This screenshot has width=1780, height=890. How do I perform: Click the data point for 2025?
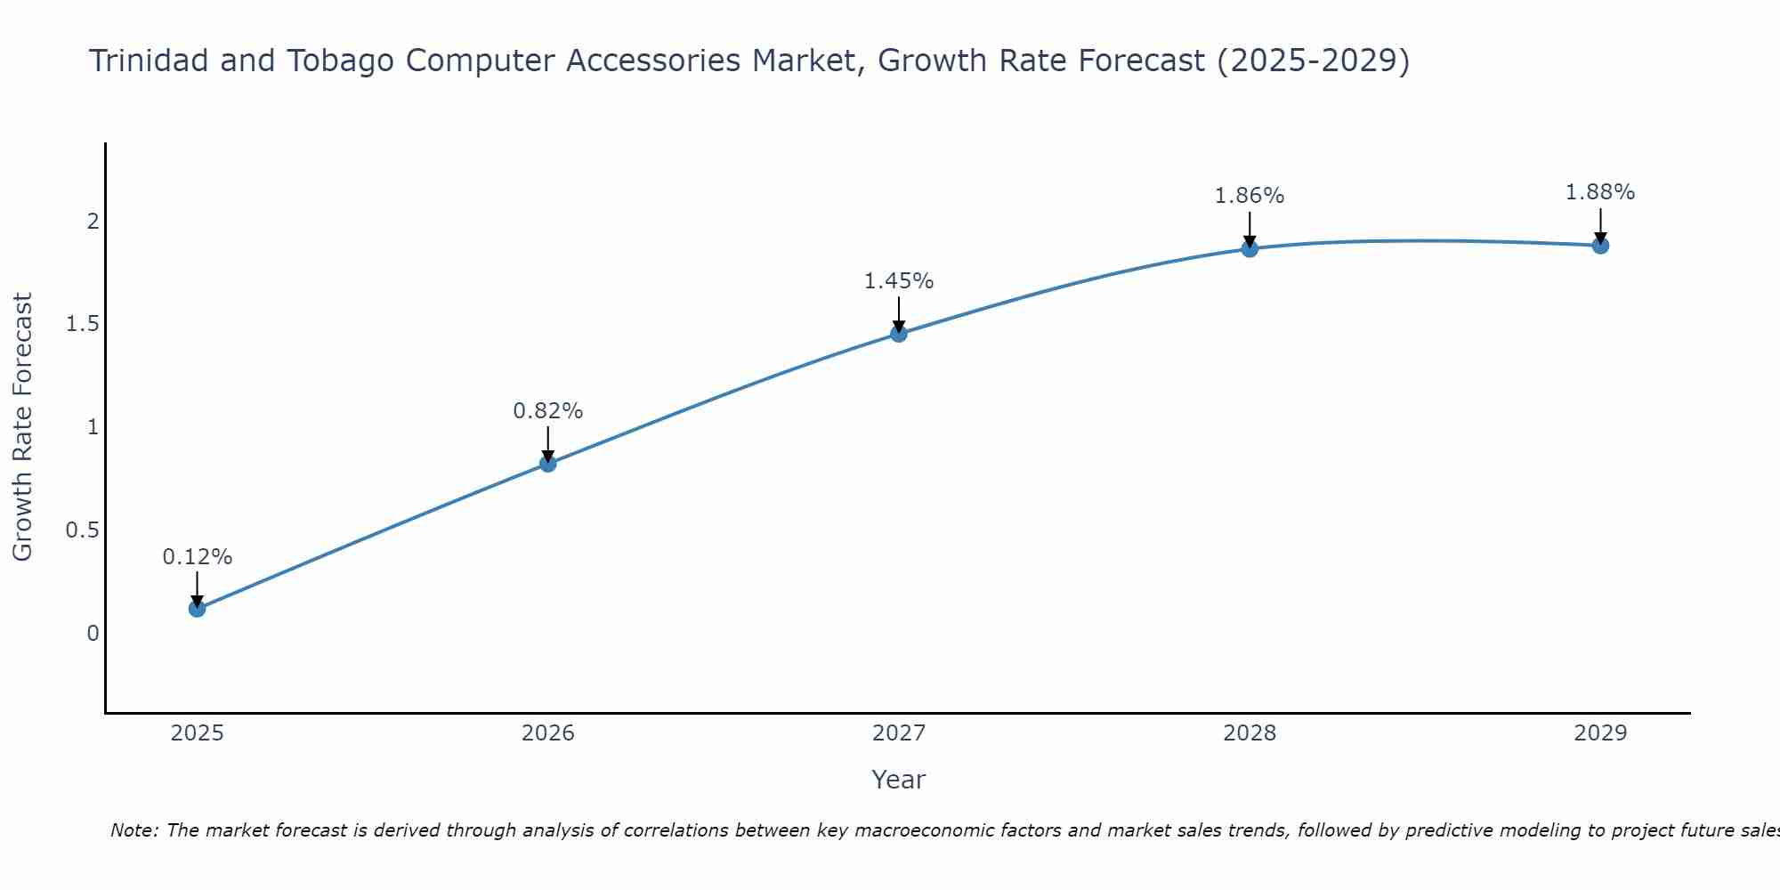(x=198, y=609)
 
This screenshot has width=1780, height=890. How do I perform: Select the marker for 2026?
(x=548, y=464)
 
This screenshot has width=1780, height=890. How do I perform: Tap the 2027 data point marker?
(x=899, y=334)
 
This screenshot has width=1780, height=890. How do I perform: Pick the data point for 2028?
(x=1250, y=248)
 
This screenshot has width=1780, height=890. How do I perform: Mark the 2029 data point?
(x=1600, y=245)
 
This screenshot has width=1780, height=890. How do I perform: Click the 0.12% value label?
(x=198, y=557)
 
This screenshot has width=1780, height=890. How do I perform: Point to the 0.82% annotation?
(x=548, y=411)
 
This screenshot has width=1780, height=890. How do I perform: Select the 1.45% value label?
(x=899, y=281)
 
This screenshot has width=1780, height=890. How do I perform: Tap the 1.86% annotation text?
(x=1250, y=196)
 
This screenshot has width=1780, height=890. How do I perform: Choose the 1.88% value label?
(x=1600, y=192)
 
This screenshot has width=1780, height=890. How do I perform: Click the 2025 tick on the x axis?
(x=198, y=733)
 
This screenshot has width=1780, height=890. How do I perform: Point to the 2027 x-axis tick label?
(x=899, y=733)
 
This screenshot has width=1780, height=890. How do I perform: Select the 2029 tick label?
(x=1600, y=733)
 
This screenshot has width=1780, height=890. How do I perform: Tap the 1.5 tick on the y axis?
(x=82, y=324)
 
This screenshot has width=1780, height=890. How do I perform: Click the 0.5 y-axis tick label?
(x=82, y=530)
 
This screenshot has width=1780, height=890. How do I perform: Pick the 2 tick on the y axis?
(x=93, y=221)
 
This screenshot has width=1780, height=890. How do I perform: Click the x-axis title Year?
(x=899, y=780)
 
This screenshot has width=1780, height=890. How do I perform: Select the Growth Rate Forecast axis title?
(x=23, y=427)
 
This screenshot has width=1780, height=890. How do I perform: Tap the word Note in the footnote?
(x=133, y=830)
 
